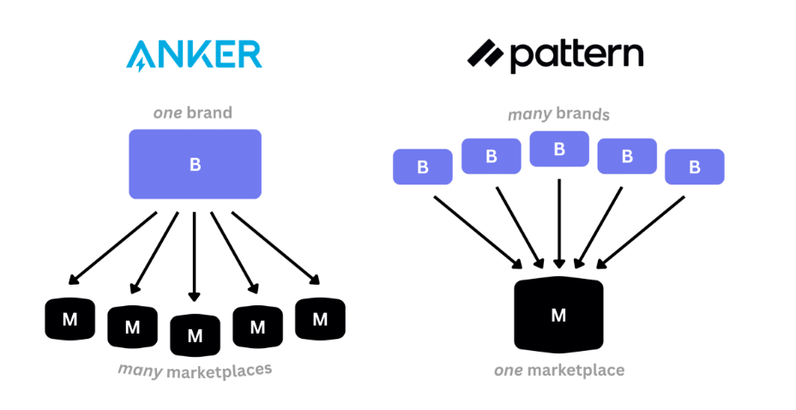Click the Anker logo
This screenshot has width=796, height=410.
pyautogui.click(x=194, y=55)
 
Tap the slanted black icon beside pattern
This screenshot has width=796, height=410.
pyautogui.click(x=485, y=53)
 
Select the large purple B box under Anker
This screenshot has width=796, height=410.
pyautogui.click(x=195, y=164)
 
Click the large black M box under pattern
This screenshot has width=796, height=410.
pyautogui.click(x=558, y=315)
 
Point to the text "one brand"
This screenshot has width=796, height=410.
pyautogui.click(x=193, y=112)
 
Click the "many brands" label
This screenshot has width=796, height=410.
pyautogui.click(x=558, y=114)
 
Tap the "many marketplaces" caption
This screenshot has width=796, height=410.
pyautogui.click(x=195, y=371)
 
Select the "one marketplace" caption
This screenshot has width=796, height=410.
pyautogui.click(x=559, y=371)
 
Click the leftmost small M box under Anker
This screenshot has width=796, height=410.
pyautogui.click(x=70, y=319)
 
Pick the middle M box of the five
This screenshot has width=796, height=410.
pyautogui.click(x=195, y=335)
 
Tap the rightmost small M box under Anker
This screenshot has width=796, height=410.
pyautogui.click(x=320, y=319)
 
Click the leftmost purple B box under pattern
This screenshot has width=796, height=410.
pyautogui.click(x=422, y=167)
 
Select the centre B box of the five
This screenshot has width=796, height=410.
pyautogui.click(x=559, y=149)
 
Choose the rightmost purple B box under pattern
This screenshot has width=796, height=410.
pyautogui.click(x=695, y=167)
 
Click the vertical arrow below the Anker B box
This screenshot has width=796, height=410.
pyautogui.click(x=194, y=256)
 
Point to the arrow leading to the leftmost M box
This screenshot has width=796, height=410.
pyautogui.click(x=112, y=248)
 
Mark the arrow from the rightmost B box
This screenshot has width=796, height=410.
pyautogui.click(x=640, y=232)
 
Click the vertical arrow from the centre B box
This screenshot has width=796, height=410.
pyautogui.click(x=559, y=224)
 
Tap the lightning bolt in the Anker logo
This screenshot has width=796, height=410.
pyautogui.click(x=142, y=64)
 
